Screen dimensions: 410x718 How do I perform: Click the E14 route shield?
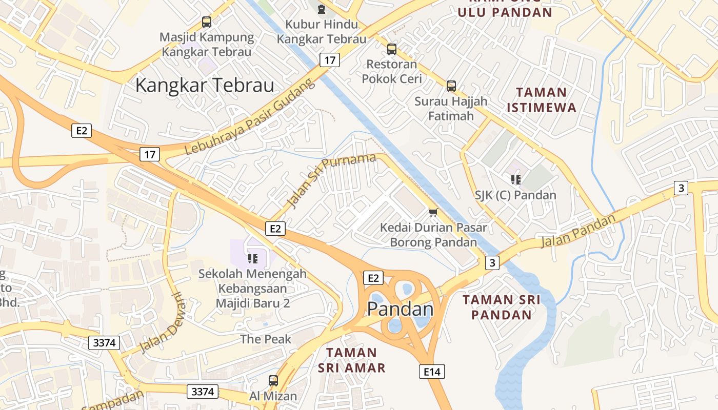[432, 372]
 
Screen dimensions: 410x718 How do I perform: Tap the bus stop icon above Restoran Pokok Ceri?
[392, 49]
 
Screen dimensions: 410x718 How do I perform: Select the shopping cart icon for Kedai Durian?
[433, 212]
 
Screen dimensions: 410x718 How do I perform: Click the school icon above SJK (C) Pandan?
[515, 179]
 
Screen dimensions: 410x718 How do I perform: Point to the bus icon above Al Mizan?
[273, 381]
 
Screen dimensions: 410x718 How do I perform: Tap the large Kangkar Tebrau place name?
[205, 85]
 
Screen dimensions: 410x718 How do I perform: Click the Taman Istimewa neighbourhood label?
[541, 100]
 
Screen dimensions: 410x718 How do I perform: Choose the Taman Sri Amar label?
[352, 360]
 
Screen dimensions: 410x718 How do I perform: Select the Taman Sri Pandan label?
[502, 307]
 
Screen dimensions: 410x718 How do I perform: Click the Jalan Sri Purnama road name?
[332, 180]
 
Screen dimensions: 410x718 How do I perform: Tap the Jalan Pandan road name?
[577, 231]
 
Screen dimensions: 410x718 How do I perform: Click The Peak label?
[266, 339]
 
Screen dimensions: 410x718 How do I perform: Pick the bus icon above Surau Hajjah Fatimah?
[451, 86]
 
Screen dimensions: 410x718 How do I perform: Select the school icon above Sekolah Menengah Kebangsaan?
[252, 258]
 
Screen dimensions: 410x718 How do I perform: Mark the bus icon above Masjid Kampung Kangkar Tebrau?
[207, 22]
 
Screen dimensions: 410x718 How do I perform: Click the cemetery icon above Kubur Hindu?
[322, 9]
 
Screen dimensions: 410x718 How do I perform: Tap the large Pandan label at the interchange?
[401, 309]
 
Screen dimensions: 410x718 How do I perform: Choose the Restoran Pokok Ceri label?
[392, 71]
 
